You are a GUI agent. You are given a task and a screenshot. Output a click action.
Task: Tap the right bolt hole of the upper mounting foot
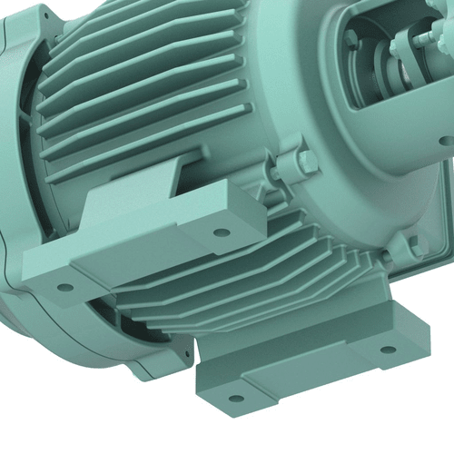pos(221,232)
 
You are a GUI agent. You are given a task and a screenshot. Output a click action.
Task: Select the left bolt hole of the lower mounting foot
pos(236,398)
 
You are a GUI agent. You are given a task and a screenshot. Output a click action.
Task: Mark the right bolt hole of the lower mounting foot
pos(388,350)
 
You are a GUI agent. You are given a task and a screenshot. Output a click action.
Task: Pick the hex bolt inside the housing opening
pos(350,39)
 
